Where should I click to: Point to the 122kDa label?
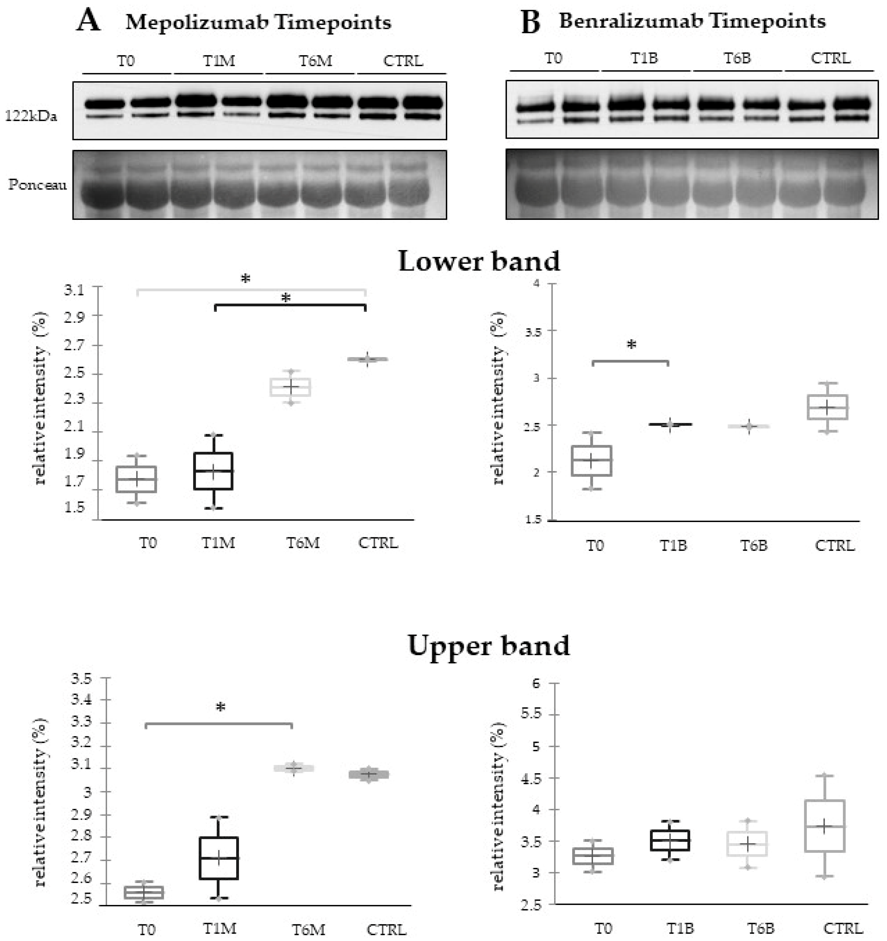point(31,116)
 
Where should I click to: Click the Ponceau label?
point(37,185)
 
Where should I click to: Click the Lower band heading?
point(479,261)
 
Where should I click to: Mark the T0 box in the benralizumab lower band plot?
point(592,461)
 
